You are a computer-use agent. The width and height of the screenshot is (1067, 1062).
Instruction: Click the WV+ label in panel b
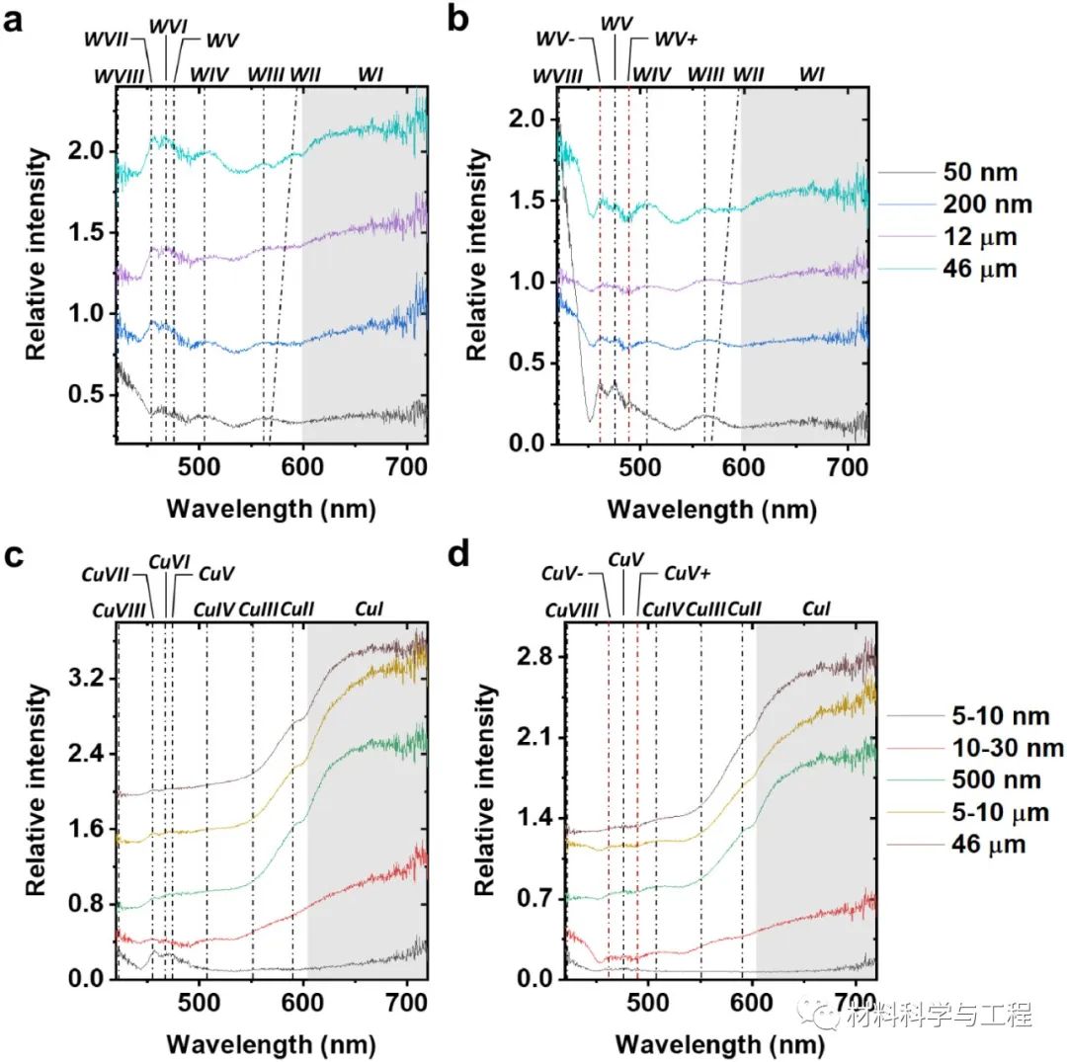click(678, 41)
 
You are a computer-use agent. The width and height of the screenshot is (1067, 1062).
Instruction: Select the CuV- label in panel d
click(565, 574)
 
